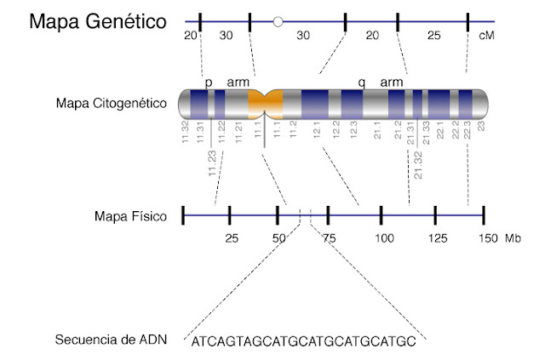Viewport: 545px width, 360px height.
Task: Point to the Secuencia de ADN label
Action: (111, 340)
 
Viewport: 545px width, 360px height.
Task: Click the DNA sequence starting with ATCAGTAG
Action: (304, 342)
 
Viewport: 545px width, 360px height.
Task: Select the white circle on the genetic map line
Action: (278, 21)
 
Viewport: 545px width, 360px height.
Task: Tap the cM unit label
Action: (486, 36)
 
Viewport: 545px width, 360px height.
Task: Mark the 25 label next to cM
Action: (433, 36)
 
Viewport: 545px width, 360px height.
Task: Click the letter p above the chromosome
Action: (208, 83)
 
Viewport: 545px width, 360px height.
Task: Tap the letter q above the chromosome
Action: (362, 82)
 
